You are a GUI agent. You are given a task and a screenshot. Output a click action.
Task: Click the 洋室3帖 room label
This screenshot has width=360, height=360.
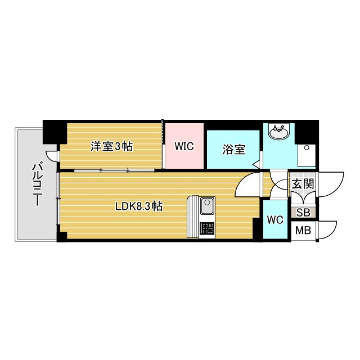tap(112, 147)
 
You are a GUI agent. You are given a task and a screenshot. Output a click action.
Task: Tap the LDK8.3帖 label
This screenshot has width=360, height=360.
tap(139, 206)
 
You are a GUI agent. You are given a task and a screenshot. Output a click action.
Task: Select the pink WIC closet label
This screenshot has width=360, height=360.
tap(184, 146)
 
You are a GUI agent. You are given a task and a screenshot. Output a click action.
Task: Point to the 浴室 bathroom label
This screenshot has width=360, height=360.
tap(233, 150)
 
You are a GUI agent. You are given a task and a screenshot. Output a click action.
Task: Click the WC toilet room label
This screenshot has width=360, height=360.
tap(274, 219)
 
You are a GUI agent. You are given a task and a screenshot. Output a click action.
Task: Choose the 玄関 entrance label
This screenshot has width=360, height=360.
tap(302, 184)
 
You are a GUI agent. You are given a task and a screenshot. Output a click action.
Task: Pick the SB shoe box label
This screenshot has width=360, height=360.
tap(303, 212)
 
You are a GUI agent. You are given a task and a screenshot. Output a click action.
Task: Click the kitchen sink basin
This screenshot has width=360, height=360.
tap(206, 208)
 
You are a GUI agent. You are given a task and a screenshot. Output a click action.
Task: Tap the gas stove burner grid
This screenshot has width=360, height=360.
tap(206, 228)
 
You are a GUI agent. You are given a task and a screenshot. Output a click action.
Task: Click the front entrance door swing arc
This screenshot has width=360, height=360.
tap(332, 181)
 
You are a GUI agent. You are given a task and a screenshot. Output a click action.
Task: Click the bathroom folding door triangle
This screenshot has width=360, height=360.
tap(256, 164)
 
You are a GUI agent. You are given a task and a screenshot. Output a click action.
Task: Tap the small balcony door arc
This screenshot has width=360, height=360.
tap(52, 156)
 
